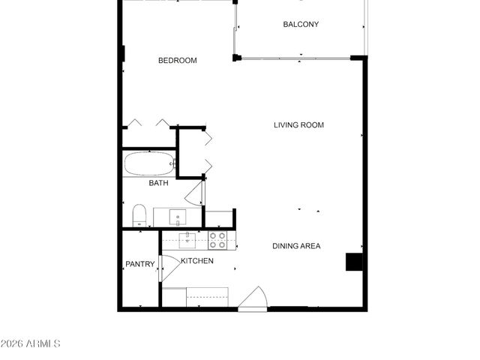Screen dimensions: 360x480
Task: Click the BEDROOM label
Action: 177,61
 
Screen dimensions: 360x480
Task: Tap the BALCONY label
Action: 301,25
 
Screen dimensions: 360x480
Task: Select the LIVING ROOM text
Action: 298,125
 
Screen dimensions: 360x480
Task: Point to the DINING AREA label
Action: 296,246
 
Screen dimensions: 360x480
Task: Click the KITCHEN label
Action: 197,261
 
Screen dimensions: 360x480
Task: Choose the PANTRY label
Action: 139,264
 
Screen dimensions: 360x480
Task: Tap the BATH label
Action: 158,183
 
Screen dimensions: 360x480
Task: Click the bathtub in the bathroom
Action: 149,163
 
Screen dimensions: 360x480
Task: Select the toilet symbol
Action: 139,216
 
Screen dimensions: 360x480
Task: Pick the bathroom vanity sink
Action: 178,217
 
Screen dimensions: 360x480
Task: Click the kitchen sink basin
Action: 187,240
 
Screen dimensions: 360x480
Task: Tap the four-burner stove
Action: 217,240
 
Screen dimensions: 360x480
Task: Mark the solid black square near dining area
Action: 353,262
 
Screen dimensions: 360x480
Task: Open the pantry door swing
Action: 168,268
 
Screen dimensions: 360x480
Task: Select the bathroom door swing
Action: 194,193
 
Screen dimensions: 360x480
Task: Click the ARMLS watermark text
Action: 31,343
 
